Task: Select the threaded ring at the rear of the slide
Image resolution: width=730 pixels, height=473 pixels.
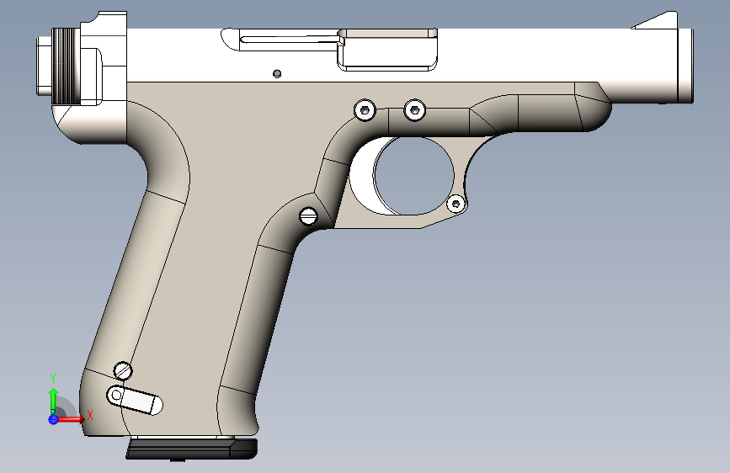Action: click(66, 66)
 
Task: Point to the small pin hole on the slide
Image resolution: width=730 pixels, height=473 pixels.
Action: click(277, 73)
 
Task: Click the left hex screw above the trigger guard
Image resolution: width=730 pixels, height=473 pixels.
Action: click(365, 109)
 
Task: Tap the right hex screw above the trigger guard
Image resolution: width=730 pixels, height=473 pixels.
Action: click(414, 109)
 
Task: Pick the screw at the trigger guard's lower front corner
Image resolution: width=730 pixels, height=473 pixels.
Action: click(456, 203)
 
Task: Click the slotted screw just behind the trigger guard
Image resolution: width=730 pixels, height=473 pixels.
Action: click(308, 216)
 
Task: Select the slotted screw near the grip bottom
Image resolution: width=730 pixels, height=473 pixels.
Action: click(124, 369)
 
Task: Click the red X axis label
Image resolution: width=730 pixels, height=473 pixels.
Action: click(89, 414)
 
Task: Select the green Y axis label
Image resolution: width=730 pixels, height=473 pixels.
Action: click(52, 378)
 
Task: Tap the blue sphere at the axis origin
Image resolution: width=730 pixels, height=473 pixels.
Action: click(53, 418)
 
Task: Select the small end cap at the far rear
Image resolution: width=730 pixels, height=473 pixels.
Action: click(40, 66)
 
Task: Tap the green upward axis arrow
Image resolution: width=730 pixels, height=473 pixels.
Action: click(52, 396)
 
